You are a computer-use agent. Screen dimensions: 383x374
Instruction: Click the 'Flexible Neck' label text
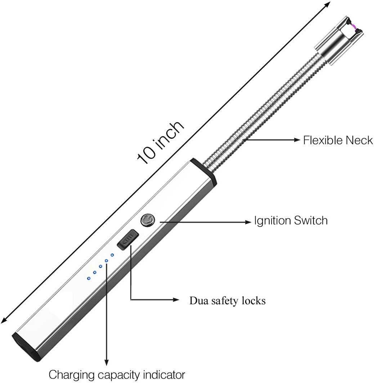[338, 140]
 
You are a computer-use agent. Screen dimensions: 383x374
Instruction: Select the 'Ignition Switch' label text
[291, 220]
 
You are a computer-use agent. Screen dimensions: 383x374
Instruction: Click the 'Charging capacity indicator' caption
[117, 375]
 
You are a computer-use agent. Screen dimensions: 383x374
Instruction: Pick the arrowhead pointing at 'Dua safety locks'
[176, 300]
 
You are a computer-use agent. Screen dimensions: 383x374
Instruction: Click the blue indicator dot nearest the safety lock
[112, 255]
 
